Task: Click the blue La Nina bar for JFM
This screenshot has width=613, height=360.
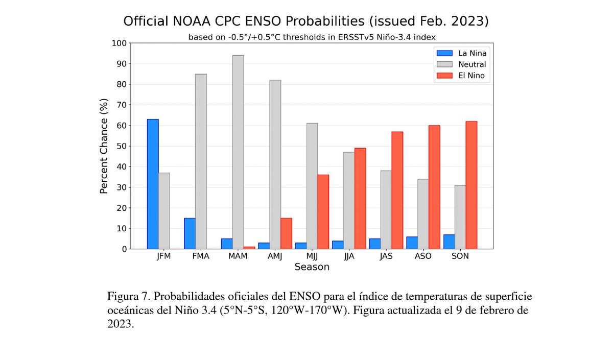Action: pos(153,184)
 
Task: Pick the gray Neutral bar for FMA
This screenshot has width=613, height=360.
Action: pos(201,161)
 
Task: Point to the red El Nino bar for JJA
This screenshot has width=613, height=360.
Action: pos(360,199)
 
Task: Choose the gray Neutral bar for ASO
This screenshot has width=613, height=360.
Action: pos(423,214)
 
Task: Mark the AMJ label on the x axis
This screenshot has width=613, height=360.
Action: pos(275,256)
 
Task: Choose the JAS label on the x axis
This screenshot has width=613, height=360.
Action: pos(386,256)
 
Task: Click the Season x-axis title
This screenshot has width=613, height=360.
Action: pos(312,267)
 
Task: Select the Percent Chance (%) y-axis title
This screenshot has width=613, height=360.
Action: pos(104,146)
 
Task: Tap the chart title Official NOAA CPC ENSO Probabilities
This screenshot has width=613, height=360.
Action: pos(306,21)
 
